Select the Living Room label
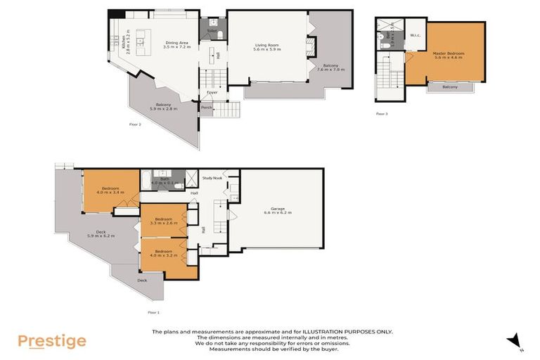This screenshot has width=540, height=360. (267, 47)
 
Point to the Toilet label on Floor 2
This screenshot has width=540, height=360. (212, 31)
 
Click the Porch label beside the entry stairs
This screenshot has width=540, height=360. (207, 108)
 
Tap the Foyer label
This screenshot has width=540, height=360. (212, 92)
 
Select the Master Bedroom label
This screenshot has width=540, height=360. (449, 54)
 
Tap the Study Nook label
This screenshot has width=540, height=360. (212, 179)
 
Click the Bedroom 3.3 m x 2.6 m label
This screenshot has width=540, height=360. (163, 220)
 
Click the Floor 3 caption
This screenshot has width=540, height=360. (382, 113)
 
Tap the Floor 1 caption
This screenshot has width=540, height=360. (153, 311)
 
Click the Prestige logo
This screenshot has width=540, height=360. (52, 342)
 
